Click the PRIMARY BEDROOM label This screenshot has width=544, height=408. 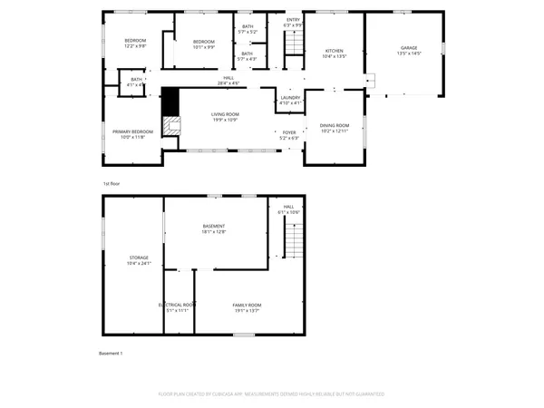(x=133, y=132)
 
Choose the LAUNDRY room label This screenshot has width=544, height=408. (x=290, y=98)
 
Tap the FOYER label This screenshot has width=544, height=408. (x=289, y=132)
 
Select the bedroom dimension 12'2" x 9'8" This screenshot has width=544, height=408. (x=135, y=46)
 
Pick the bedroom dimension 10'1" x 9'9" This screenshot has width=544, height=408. (x=203, y=46)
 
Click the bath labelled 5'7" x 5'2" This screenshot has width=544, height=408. (x=248, y=32)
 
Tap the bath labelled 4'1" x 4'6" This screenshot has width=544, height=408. (x=136, y=84)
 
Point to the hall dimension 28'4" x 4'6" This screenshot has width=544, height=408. (x=229, y=83)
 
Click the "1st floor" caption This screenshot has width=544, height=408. (x=112, y=182)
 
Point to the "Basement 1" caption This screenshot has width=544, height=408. (x=110, y=353)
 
